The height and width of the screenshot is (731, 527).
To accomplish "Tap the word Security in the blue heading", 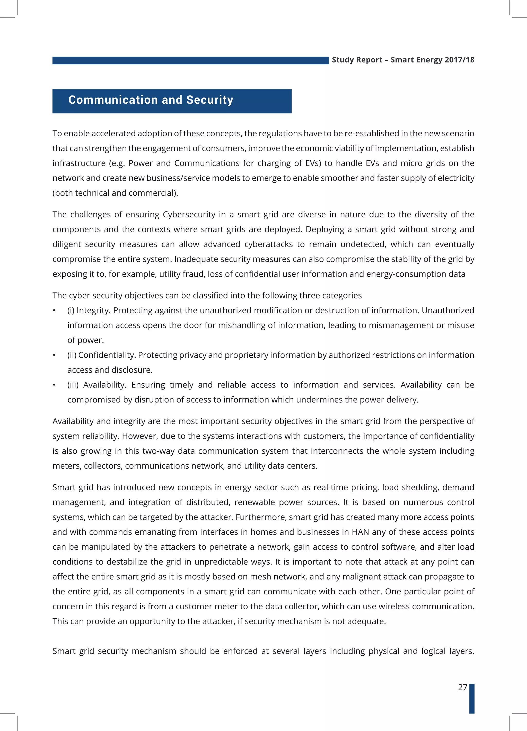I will (x=209, y=100).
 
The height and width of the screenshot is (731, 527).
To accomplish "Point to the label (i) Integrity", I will (x=89, y=310).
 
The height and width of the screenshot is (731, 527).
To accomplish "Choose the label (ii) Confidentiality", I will (x=102, y=355).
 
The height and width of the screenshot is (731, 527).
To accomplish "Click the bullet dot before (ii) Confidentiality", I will (x=55, y=355).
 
